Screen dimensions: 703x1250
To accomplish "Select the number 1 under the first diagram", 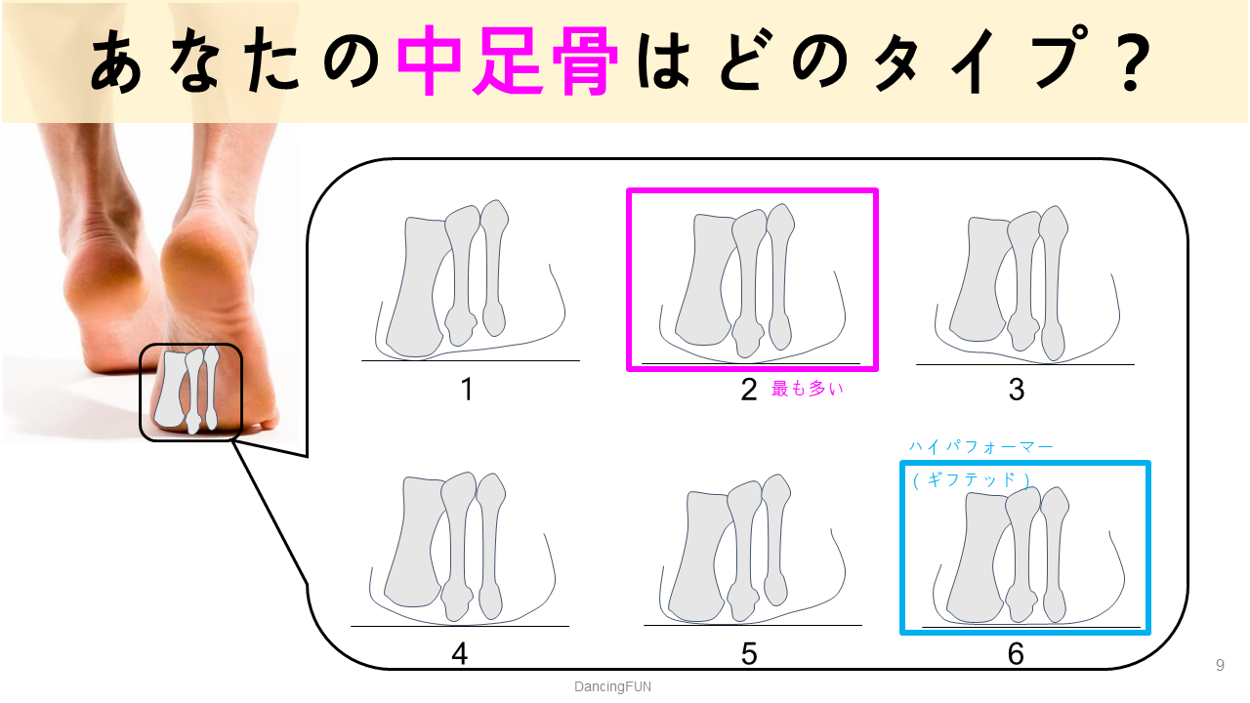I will pos(467,390).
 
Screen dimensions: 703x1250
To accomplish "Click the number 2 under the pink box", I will pos(749,390).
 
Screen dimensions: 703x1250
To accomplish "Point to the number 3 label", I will pos(1017,390).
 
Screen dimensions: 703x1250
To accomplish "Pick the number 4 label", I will pos(460,653).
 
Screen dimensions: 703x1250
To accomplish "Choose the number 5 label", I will pos(749,653).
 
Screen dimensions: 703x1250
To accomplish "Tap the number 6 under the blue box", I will pos(1017,653).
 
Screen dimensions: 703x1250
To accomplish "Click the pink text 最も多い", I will pos(807,389).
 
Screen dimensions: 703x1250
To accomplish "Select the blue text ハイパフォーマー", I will pos(981,446).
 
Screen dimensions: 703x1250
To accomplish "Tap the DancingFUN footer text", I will pos(612,686).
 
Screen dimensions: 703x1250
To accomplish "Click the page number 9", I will pos(1220,666).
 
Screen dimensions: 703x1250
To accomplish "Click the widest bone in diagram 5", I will pos(699,557).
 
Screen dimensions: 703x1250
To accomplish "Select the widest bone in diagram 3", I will pos(979,283).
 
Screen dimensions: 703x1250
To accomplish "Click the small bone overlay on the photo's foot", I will pos(190,391).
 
